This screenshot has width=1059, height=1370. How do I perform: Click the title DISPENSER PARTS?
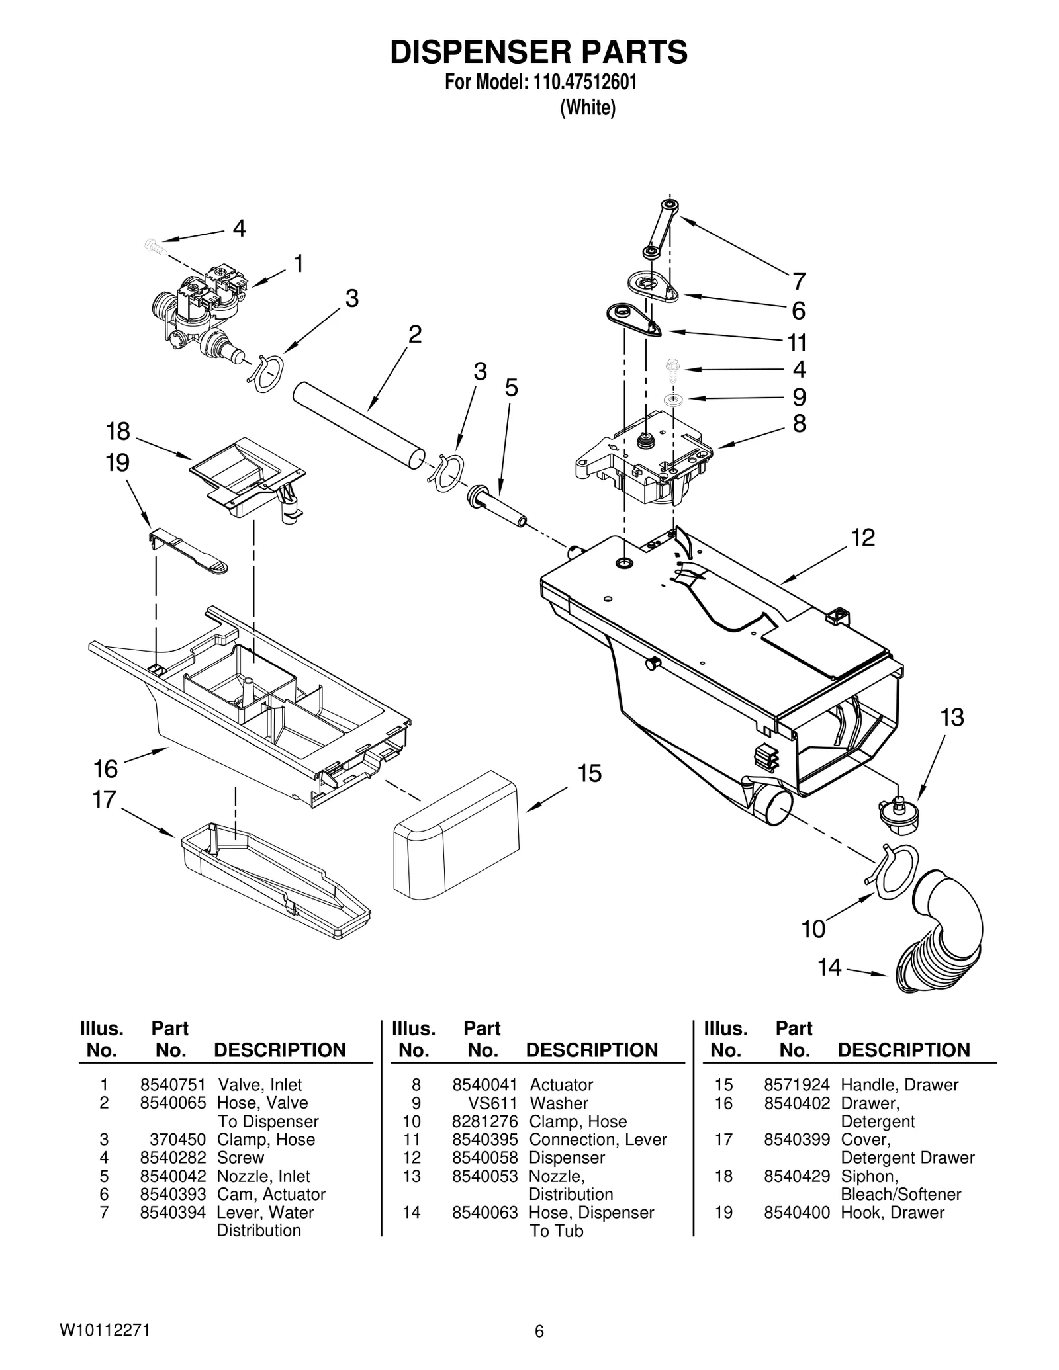point(538,52)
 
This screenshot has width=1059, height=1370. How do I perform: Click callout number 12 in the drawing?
point(862,538)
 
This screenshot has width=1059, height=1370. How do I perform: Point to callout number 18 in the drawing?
point(118,432)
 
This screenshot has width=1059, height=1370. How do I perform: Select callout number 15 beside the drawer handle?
point(589,773)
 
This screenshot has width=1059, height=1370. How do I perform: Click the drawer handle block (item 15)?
point(457,834)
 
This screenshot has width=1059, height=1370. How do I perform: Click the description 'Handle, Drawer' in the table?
point(899,1085)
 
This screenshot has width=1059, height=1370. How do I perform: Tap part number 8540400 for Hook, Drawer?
point(796,1213)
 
